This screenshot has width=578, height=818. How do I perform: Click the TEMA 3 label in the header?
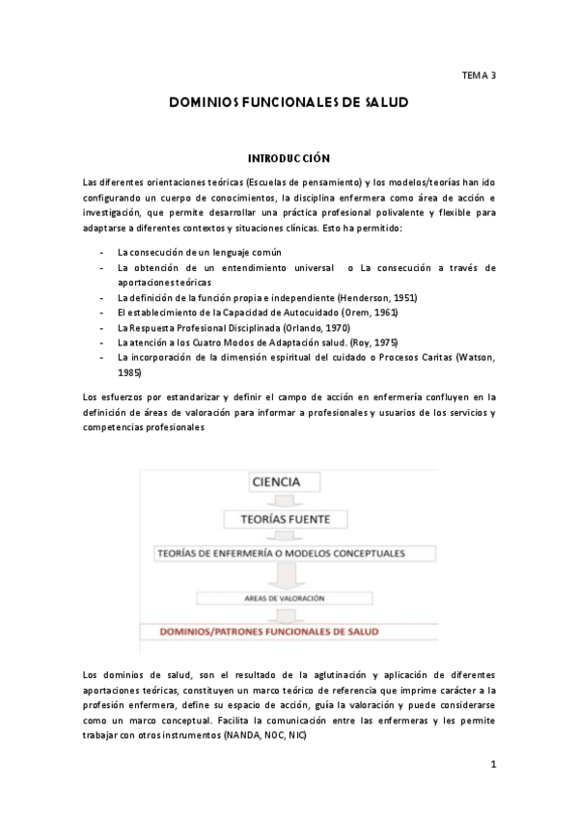pyautogui.click(x=479, y=73)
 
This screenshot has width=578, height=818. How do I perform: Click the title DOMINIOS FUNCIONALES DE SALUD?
pyautogui.click(x=289, y=100)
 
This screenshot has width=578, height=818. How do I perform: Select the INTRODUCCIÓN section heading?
pyautogui.click(x=289, y=157)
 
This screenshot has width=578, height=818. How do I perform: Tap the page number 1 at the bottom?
pyautogui.click(x=492, y=765)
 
